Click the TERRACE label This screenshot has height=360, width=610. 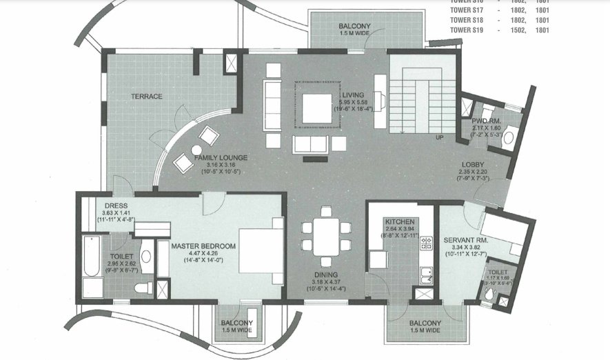(x=147, y=97)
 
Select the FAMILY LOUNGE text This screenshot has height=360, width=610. (x=220, y=158)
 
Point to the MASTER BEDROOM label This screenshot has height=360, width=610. (x=203, y=246)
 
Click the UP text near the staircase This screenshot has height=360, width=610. (x=439, y=137)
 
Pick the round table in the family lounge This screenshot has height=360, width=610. (x=196, y=150)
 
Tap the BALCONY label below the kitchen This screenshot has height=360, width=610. (x=425, y=323)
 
